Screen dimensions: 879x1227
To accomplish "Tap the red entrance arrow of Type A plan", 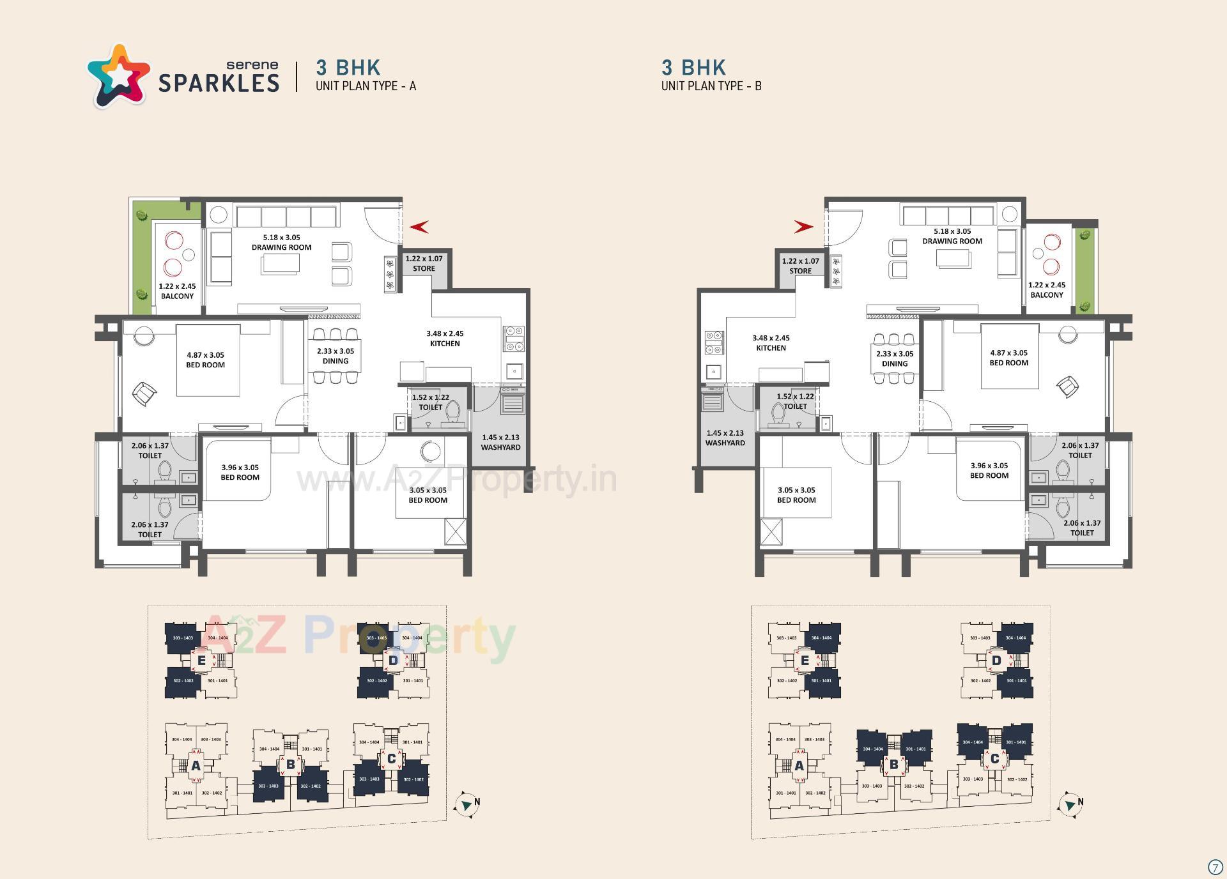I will [419, 226].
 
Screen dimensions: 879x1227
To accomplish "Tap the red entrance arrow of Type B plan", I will [803, 226].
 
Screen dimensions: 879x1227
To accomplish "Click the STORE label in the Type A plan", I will [424, 268].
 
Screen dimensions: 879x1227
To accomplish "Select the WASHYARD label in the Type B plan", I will [725, 443].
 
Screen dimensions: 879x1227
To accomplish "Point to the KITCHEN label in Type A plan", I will [445, 344].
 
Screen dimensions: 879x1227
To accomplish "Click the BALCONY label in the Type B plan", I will [1047, 295].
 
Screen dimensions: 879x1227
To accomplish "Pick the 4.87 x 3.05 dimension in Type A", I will [205, 355].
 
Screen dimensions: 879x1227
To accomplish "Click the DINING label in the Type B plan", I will [895, 363].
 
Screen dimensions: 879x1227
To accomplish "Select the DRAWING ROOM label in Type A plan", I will [281, 247].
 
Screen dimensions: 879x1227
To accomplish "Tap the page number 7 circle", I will [1215, 867].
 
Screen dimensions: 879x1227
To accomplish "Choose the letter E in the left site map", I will [201, 661].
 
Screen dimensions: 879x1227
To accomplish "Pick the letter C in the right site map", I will [994, 759].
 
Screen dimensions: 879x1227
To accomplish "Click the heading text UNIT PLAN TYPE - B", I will [711, 86].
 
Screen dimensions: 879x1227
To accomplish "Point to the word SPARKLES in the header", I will [219, 83].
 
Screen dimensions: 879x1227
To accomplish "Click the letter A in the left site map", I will [196, 765].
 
